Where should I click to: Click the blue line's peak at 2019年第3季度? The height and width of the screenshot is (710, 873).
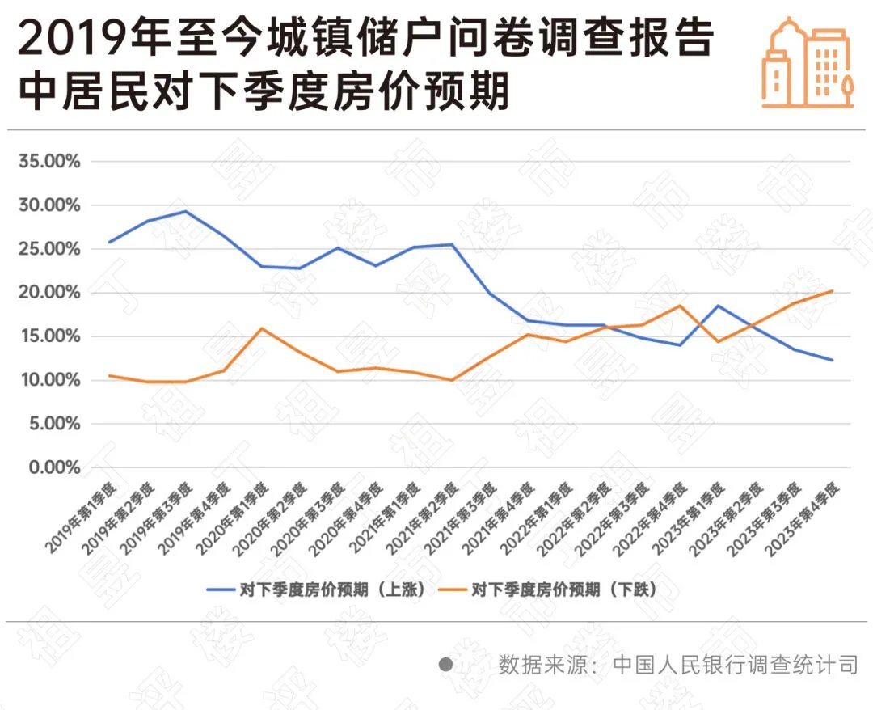pyautogui.click(x=185, y=212)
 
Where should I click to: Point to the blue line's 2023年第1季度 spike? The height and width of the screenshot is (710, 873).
pyautogui.click(x=717, y=306)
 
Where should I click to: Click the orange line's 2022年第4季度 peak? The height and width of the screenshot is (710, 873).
pyautogui.click(x=680, y=306)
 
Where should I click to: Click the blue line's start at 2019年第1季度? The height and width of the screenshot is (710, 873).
pyautogui.click(x=109, y=242)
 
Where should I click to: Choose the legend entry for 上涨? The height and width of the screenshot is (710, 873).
pyautogui.click(x=315, y=589)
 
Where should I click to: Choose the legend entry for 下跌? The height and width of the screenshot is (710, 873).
pyautogui.click(x=550, y=589)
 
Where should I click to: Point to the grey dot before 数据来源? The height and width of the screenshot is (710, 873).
pyautogui.click(x=445, y=666)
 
